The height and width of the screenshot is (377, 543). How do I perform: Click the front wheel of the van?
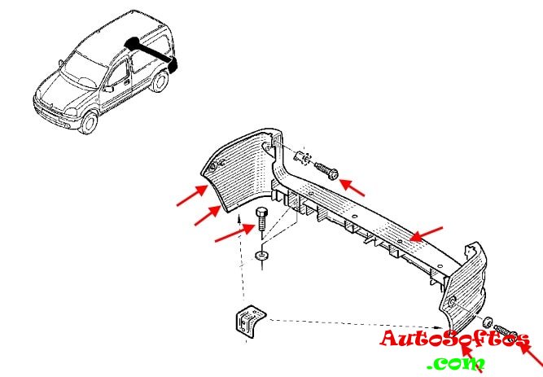click(x=88, y=123)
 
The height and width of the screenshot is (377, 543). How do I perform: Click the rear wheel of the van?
click(x=160, y=81)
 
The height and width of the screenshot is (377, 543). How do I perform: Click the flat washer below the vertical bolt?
click(x=261, y=258)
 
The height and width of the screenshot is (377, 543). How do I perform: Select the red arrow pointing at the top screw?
click(x=353, y=187)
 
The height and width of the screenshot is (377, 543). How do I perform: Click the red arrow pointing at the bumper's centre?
click(x=426, y=234)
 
